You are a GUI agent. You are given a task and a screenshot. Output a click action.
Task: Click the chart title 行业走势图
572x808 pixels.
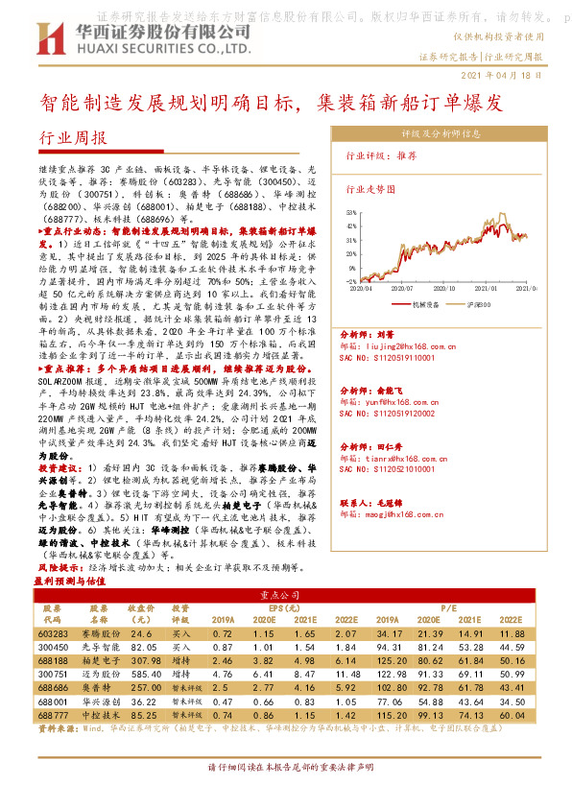click(369, 190)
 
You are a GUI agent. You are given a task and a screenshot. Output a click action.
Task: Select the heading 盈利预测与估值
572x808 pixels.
click(70, 582)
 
